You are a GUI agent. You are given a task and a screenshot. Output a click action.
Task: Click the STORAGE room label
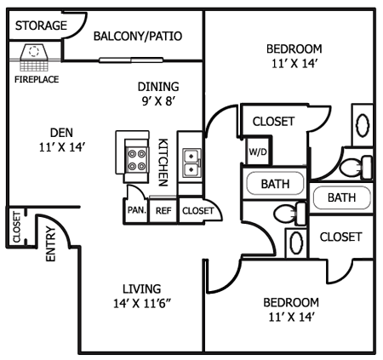(41, 26)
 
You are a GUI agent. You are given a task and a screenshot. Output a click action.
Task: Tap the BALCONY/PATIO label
(138, 36)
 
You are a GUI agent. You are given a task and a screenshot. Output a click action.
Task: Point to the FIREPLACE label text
(37, 79)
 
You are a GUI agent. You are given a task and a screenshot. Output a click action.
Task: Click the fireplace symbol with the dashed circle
(34, 58)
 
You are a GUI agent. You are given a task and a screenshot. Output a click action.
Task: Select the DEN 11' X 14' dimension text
(62, 140)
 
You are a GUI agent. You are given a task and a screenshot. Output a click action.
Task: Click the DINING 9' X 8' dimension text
(158, 94)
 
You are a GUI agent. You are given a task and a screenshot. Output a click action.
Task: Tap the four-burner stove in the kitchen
(136, 159)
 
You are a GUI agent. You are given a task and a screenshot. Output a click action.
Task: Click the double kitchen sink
(191, 163)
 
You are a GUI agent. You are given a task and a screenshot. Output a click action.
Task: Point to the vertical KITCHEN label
(163, 163)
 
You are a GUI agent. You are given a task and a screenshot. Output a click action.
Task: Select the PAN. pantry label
(137, 210)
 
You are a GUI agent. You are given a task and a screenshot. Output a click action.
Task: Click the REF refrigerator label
(163, 211)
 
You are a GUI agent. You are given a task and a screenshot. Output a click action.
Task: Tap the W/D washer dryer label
(258, 152)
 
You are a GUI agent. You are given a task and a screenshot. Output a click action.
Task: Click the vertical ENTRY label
(51, 243)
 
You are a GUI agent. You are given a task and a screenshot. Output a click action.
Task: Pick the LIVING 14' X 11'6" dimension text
(142, 296)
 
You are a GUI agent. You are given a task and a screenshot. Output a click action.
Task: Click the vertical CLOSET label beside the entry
(17, 227)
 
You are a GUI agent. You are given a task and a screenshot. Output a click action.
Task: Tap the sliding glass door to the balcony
(131, 60)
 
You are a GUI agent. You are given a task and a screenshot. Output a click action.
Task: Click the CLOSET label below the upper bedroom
(273, 122)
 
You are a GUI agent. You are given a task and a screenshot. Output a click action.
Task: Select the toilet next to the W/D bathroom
(290, 213)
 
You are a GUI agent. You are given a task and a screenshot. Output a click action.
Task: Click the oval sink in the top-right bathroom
(363, 125)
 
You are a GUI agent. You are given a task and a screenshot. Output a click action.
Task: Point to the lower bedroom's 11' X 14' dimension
(291, 317)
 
